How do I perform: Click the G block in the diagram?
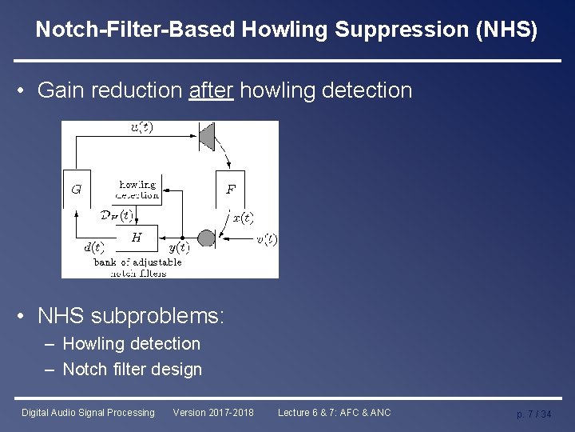76,190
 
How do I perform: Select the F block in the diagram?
231,190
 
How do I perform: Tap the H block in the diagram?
137,237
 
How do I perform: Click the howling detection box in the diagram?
137,189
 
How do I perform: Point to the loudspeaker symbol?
206,136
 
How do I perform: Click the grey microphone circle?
206,238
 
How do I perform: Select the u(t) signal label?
142,127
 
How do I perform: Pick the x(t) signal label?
242,218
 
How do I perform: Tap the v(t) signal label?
266,239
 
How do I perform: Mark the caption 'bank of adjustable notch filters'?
137,267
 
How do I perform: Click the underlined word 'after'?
211,90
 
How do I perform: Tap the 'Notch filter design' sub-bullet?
133,370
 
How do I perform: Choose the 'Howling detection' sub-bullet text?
132,344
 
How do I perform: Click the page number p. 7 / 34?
533,414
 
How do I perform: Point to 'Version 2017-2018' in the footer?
213,413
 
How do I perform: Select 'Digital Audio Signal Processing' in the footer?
88,413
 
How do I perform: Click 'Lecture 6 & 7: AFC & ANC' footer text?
334,413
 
